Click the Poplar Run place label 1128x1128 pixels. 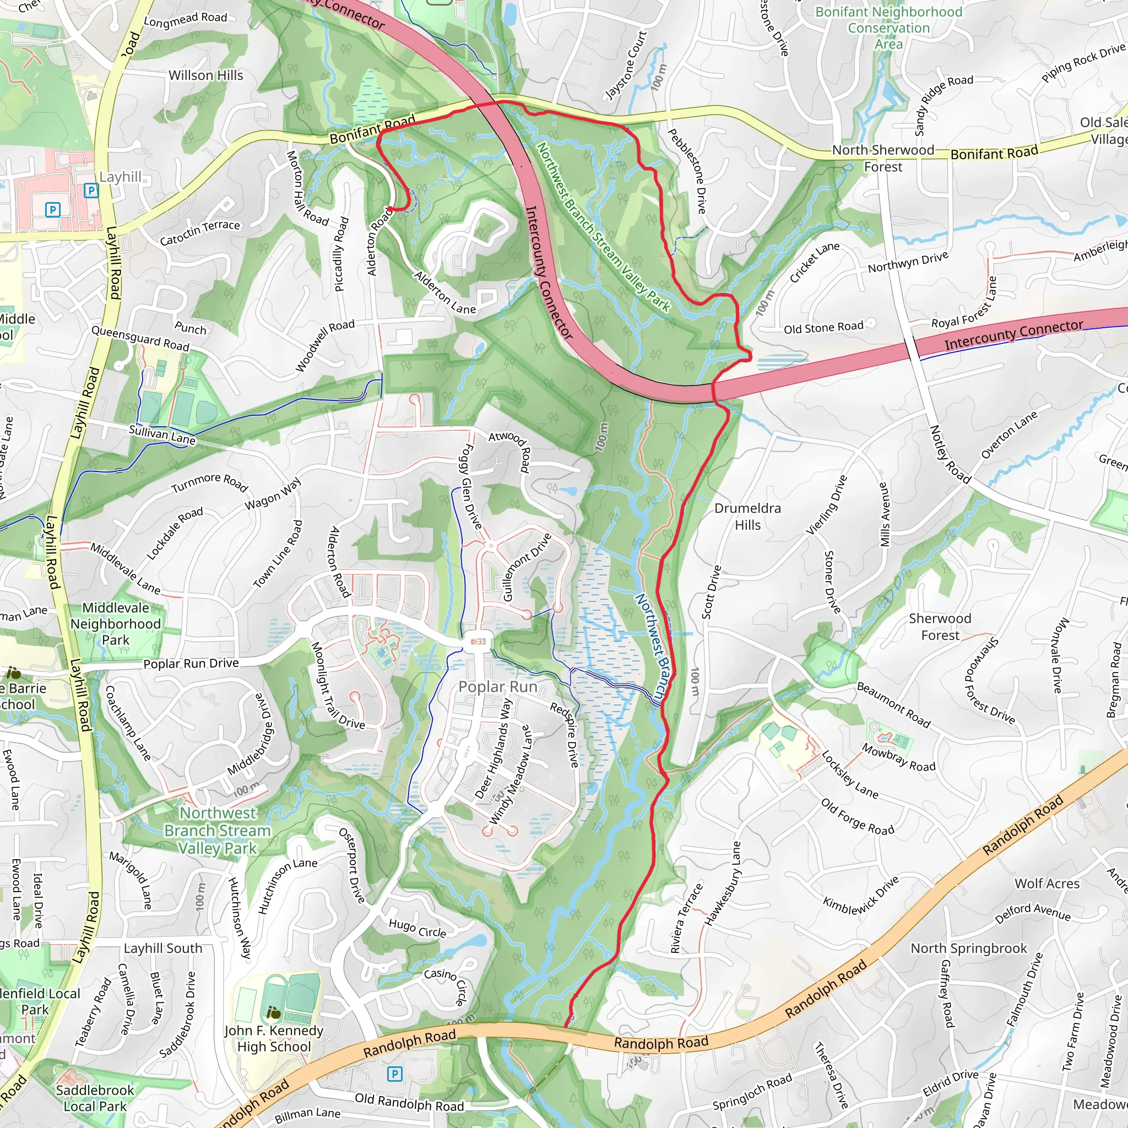click(x=497, y=687)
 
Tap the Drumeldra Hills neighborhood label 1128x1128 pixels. click(x=747, y=517)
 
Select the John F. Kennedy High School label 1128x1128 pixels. click(x=274, y=1038)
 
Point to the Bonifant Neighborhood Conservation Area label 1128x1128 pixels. click(x=888, y=28)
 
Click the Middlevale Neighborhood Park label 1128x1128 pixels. click(x=116, y=623)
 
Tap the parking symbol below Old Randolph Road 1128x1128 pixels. click(x=395, y=1073)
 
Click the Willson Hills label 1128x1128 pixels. click(x=205, y=75)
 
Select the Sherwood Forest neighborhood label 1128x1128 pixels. click(x=940, y=626)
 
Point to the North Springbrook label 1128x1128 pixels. click(x=969, y=948)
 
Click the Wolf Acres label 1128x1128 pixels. click(x=1047, y=883)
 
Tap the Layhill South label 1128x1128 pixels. click(x=163, y=948)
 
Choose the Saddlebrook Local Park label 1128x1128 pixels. click(x=95, y=1098)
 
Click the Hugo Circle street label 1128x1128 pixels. click(x=417, y=928)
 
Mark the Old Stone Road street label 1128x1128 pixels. click(x=823, y=328)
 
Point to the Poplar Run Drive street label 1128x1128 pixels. click(x=191, y=663)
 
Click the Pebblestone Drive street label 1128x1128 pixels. click(x=687, y=171)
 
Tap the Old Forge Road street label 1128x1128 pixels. click(x=857, y=817)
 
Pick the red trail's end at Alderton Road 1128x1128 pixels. click(x=389, y=208)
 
